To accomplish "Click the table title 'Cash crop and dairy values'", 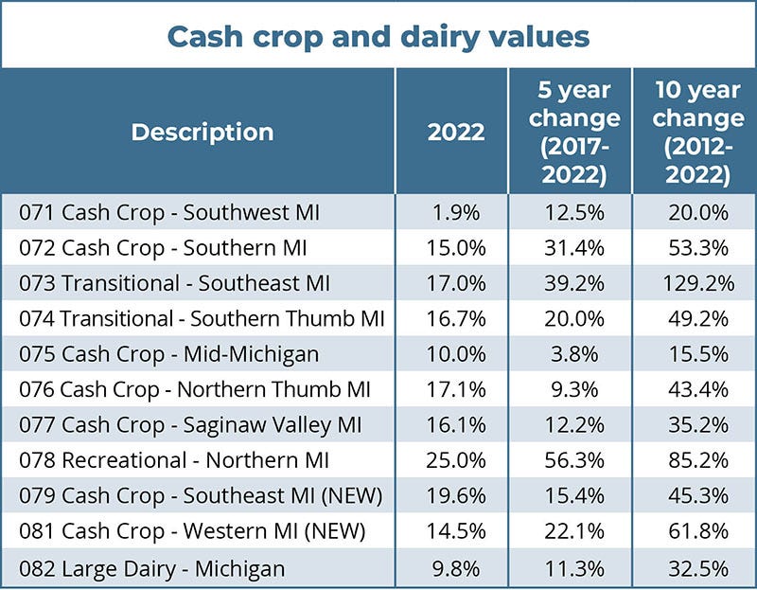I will (x=378, y=36).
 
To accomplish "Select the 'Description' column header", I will (x=202, y=132).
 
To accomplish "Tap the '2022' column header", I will (x=455, y=132).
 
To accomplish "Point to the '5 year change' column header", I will (x=574, y=132).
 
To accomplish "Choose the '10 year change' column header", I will (x=697, y=132).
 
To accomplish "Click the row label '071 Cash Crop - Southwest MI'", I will (x=169, y=212).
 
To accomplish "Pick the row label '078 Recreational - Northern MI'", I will (x=174, y=461).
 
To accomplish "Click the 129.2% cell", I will (x=697, y=283).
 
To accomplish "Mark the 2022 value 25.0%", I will (x=455, y=461).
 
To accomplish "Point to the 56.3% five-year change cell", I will (x=574, y=461).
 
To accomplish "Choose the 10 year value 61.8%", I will (x=697, y=532).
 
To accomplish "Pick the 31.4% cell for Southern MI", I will (x=574, y=247).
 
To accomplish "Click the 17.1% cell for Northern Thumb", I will (x=455, y=390).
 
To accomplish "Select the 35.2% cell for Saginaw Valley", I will (x=697, y=425).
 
